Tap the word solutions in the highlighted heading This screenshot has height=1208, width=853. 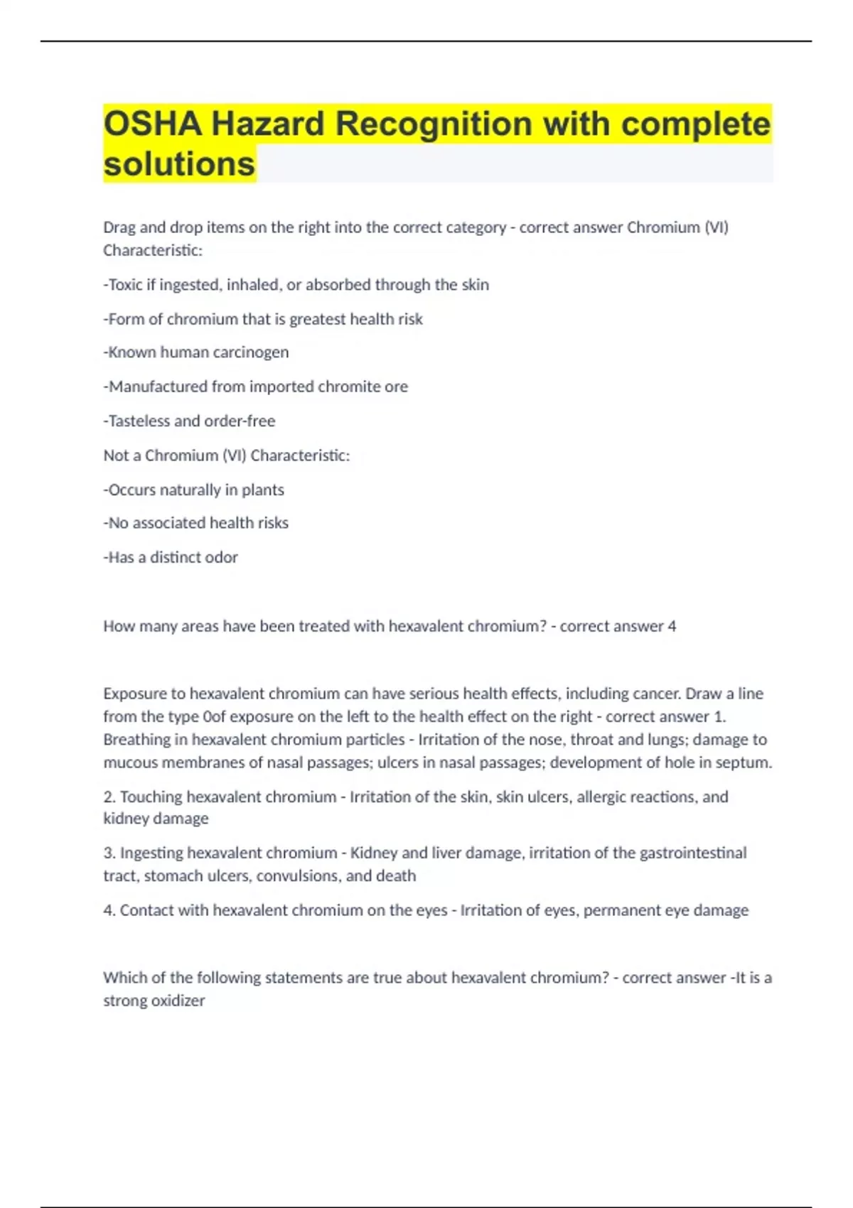tap(179, 163)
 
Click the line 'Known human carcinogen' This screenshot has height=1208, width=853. tap(196, 352)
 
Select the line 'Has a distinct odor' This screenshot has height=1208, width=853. tap(171, 558)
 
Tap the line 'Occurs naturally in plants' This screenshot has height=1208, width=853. tap(193, 490)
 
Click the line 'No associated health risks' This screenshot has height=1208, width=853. tap(195, 523)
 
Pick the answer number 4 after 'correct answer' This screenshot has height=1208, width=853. tap(672, 627)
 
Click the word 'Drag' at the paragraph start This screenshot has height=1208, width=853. tap(119, 228)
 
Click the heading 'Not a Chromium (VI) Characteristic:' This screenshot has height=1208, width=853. tap(226, 455)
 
